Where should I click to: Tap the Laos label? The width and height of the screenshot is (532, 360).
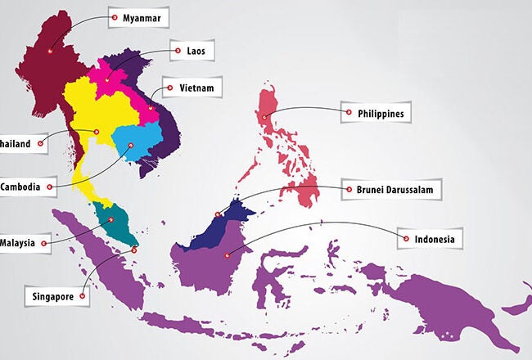point(194,51)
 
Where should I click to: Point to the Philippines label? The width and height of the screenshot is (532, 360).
point(381,113)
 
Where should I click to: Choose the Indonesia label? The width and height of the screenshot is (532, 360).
point(433,239)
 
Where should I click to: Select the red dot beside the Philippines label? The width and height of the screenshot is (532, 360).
point(349,113)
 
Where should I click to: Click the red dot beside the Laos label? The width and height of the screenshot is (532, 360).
point(174,51)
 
